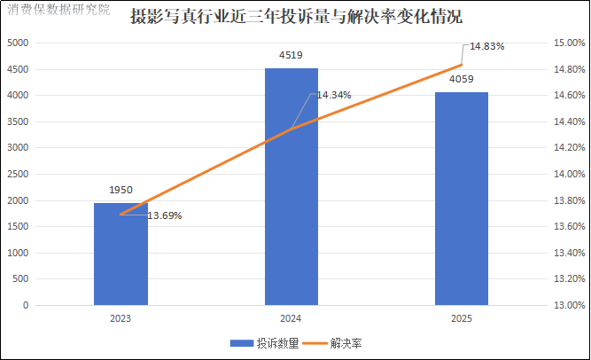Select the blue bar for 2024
(x=291, y=187)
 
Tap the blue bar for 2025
(x=461, y=199)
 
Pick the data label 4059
(x=461, y=81)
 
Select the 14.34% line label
(x=334, y=95)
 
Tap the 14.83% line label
(x=487, y=46)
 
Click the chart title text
(x=295, y=16)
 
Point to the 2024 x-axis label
(x=291, y=318)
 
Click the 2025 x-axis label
(x=461, y=318)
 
